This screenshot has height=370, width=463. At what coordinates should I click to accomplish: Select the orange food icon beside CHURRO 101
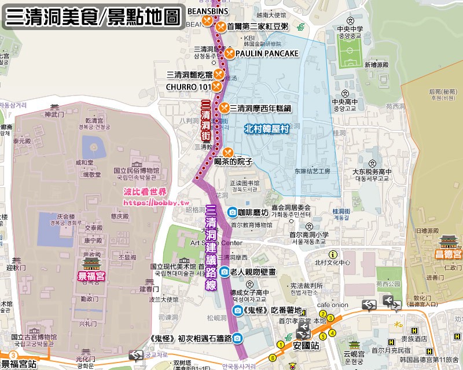(216, 86)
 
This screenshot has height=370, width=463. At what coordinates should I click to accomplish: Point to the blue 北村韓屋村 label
(266, 129)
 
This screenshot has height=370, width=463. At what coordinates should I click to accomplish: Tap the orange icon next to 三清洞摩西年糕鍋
(224, 108)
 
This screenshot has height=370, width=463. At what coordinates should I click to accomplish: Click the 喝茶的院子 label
(233, 162)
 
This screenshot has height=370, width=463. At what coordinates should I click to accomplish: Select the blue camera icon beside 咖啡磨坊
(231, 212)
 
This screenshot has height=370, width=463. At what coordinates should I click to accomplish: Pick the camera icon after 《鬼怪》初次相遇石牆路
(238, 338)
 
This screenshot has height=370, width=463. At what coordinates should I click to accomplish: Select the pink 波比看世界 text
(145, 192)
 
